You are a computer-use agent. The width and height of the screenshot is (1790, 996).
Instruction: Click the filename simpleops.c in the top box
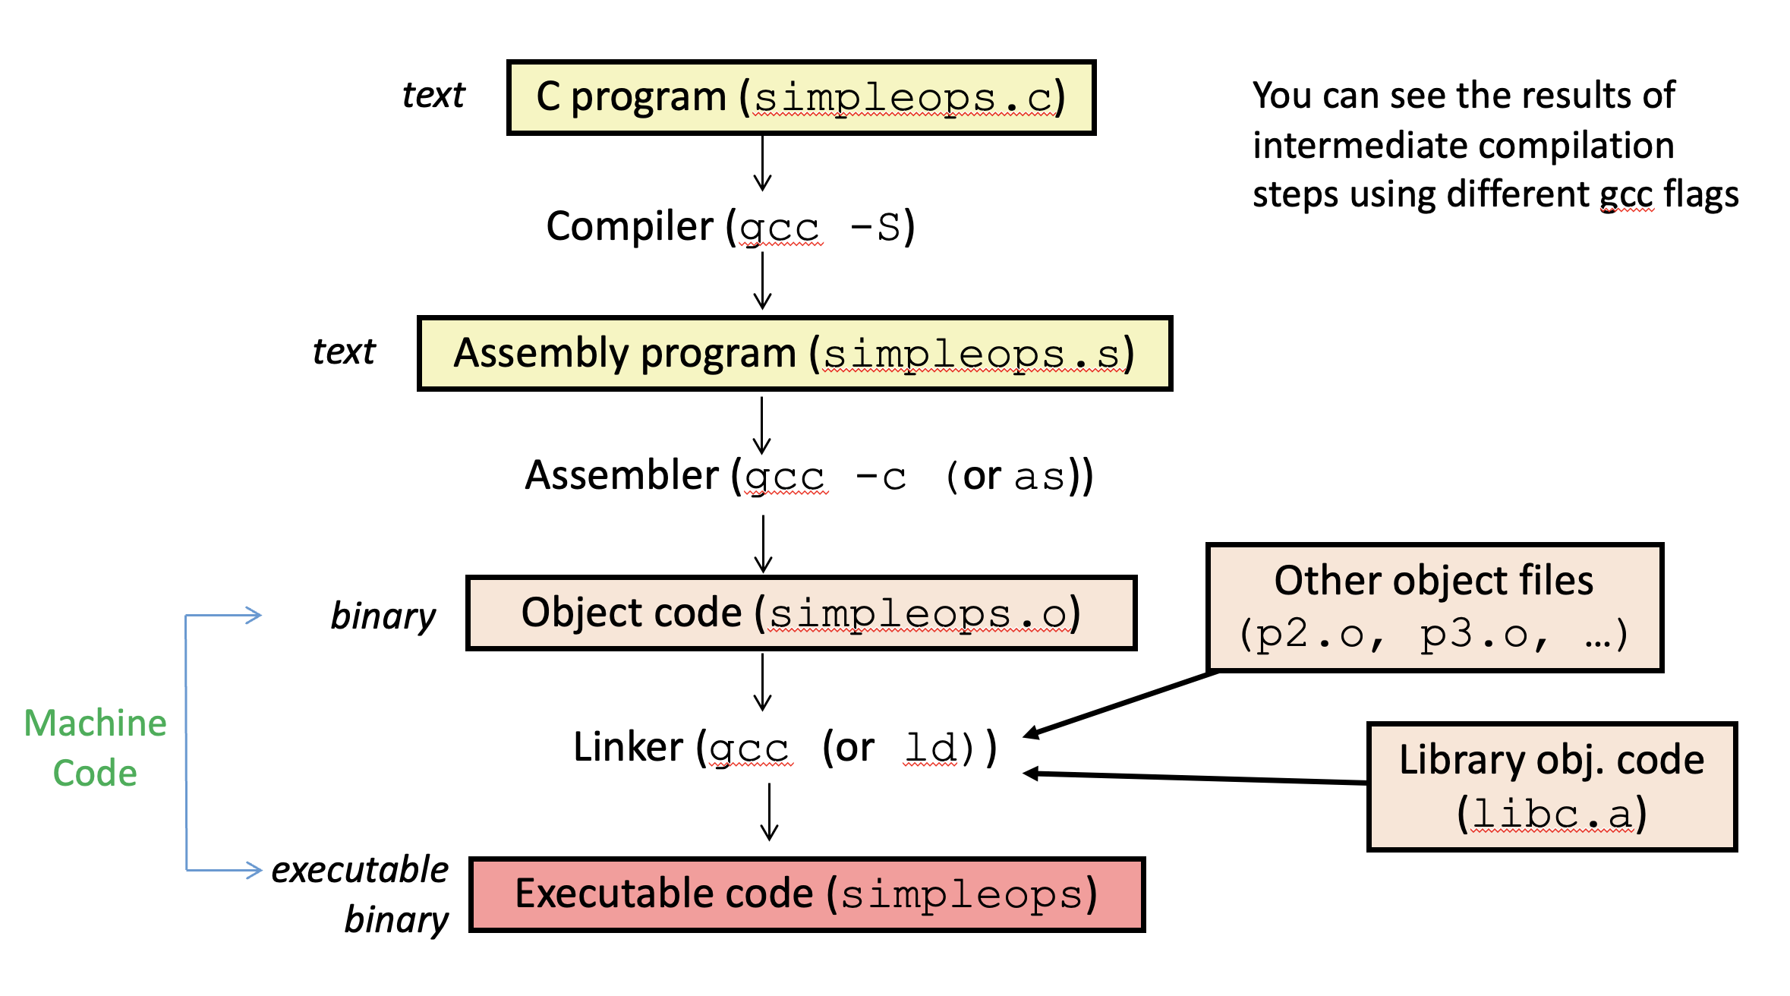coord(903,99)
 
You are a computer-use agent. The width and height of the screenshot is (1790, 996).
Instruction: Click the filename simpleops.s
coord(971,355)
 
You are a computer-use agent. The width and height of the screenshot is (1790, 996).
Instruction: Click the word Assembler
coord(622,476)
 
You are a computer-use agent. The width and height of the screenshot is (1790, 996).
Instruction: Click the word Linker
coord(628,747)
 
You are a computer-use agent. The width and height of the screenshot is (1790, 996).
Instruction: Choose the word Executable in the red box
coord(663,894)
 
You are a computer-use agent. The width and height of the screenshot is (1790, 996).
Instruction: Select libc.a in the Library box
coord(1552,815)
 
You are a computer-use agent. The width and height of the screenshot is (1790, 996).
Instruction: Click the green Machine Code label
coord(96,747)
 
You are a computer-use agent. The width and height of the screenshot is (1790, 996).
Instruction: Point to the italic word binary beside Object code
coord(383,616)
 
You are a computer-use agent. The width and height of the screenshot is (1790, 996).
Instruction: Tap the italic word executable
coord(360,870)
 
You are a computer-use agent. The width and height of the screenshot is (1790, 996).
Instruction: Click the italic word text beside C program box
coord(433,96)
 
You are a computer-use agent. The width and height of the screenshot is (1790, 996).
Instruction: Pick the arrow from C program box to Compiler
coord(762,162)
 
